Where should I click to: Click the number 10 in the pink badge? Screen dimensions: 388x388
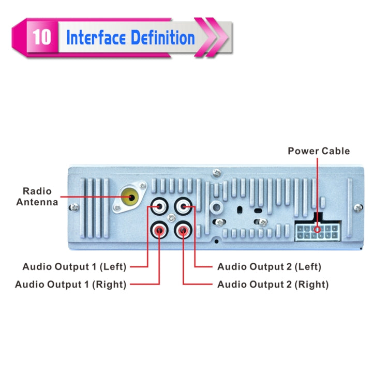pos(41,37)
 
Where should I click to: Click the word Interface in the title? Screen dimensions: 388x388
pos(96,37)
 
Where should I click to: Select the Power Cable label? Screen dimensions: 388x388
pos(319,151)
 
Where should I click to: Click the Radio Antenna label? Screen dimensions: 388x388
pos(37,197)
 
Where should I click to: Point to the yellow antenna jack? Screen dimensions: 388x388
pos(129,197)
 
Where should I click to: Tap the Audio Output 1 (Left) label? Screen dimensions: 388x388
pos(74,267)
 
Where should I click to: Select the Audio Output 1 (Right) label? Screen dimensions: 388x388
pos(71,284)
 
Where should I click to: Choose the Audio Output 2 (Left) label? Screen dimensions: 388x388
pos(269,267)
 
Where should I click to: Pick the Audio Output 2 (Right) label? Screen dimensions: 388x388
pos(273,284)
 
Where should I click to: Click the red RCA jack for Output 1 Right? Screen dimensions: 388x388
pos(159,229)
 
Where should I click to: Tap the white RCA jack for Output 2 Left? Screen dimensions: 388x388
pos(184,207)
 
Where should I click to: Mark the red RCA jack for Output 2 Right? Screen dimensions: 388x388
pos(184,229)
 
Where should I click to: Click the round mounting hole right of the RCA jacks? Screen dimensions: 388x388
pos(216,208)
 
